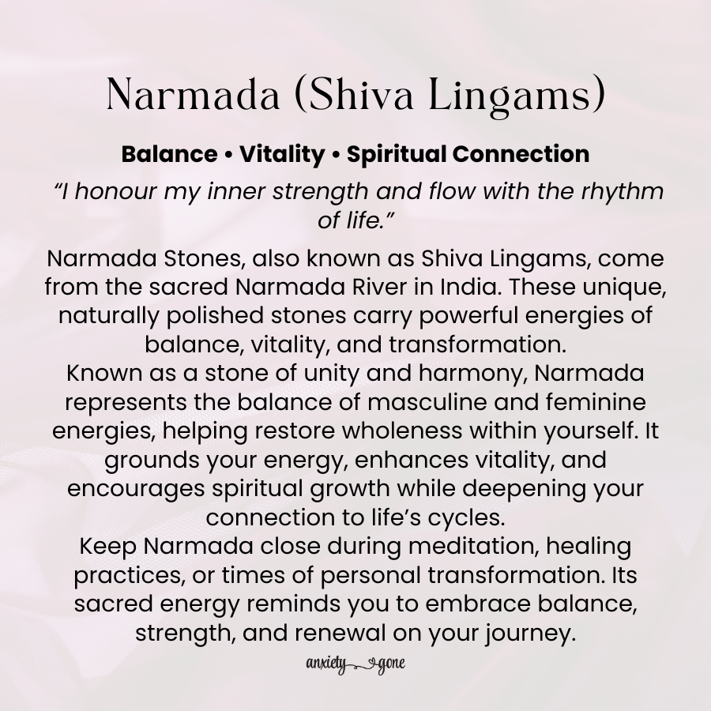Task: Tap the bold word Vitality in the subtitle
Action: (x=282, y=154)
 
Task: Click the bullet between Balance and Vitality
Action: (x=228, y=155)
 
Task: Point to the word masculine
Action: (x=451, y=402)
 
